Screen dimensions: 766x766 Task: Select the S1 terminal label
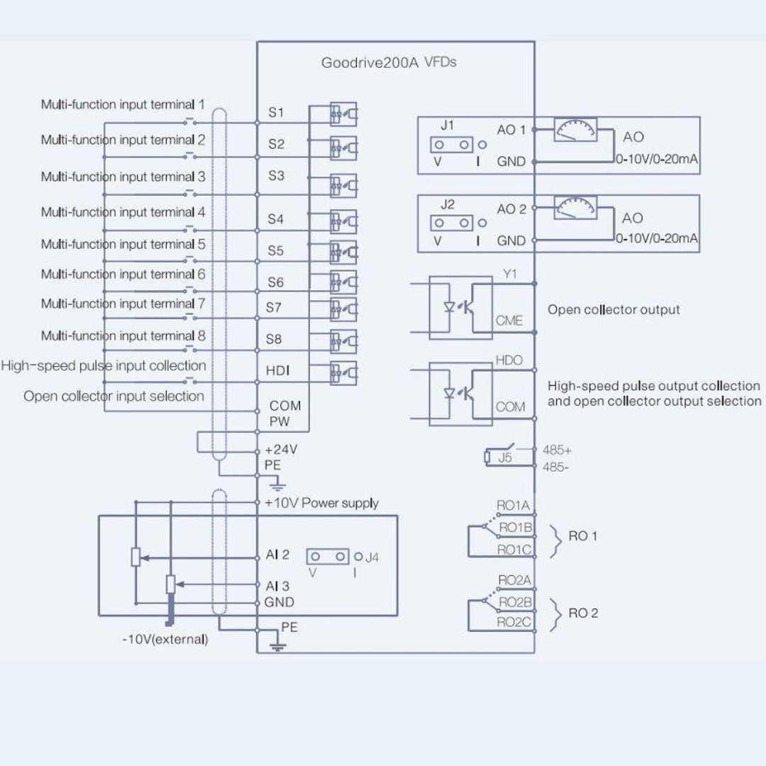coord(276,112)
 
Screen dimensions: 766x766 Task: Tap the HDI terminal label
coord(277,371)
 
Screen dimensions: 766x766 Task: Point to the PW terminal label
coord(279,421)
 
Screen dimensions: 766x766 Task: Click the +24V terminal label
coord(281,450)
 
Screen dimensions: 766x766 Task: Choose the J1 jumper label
coord(447,126)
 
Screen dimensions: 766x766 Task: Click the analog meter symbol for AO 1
coord(575,130)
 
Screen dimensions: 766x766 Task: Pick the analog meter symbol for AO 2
coord(575,208)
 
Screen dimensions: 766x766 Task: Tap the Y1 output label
coord(510,274)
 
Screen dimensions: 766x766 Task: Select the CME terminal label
coord(509,321)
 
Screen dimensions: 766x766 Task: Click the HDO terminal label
coord(509,360)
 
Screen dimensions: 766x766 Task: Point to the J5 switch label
coord(505,457)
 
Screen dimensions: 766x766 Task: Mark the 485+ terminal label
coord(557,450)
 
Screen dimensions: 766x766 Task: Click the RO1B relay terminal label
coord(516,528)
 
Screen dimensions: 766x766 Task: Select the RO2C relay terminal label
coord(514,622)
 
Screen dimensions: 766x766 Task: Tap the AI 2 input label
coord(277,555)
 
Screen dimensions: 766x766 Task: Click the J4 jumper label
coord(372,557)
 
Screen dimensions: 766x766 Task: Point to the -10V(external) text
coord(165,639)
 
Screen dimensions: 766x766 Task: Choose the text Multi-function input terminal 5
coord(123,244)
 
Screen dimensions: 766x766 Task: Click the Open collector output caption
coord(614,310)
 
